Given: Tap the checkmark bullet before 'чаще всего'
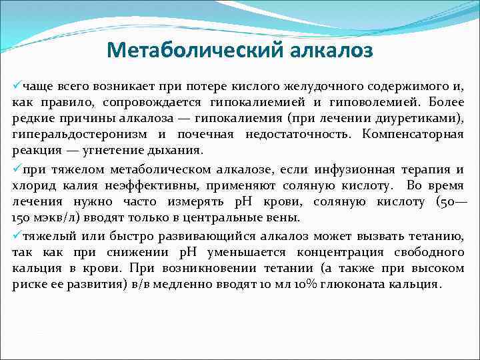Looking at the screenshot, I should coord(17,86).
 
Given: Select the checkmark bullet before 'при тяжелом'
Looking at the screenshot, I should coord(17,169).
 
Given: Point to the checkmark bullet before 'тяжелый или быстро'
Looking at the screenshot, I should coord(17,235).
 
